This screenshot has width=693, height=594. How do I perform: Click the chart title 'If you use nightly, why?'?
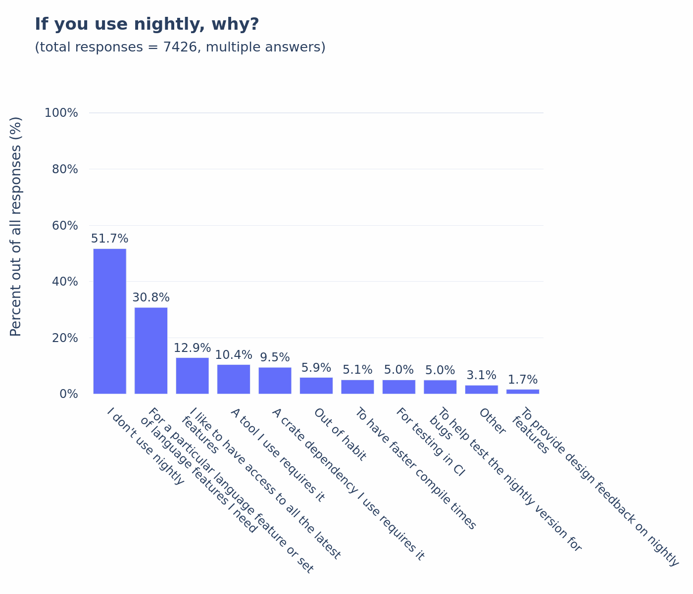147,24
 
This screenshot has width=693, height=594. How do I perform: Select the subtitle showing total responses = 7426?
180,47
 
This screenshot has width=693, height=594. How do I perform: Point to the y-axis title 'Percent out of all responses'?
16,226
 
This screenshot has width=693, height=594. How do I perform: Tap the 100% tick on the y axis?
61,113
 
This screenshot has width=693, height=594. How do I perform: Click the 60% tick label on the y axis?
65,226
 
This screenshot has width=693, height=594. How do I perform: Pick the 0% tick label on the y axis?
69,394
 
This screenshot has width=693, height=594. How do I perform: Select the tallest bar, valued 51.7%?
110,321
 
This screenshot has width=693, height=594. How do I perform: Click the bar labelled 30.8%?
151,350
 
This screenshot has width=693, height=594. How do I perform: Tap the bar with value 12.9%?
192,376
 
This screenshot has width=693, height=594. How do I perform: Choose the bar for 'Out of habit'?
316,386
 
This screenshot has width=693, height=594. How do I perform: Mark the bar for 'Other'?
482,390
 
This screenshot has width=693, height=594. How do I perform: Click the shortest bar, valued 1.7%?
523,392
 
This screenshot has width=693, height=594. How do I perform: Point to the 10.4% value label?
234,355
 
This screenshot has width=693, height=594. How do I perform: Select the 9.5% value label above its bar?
275,357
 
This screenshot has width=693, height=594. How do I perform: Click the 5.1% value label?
357,370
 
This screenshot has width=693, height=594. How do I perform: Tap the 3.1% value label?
482,375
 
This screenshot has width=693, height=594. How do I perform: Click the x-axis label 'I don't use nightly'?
146,446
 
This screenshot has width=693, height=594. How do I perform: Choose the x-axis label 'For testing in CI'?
430,442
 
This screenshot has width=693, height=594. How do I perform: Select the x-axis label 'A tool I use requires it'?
278,455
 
